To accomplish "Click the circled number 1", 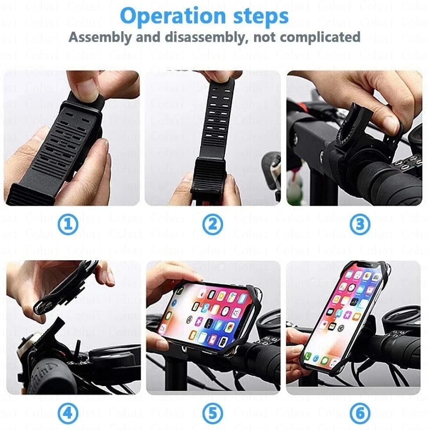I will pyautogui.click(x=68, y=225).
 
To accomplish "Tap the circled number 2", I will pyautogui.click(x=212, y=225).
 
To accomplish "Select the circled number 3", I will pyautogui.click(x=360, y=225).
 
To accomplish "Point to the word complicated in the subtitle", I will pyautogui.click(x=320, y=37).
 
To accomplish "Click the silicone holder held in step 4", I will pyautogui.click(x=66, y=286).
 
